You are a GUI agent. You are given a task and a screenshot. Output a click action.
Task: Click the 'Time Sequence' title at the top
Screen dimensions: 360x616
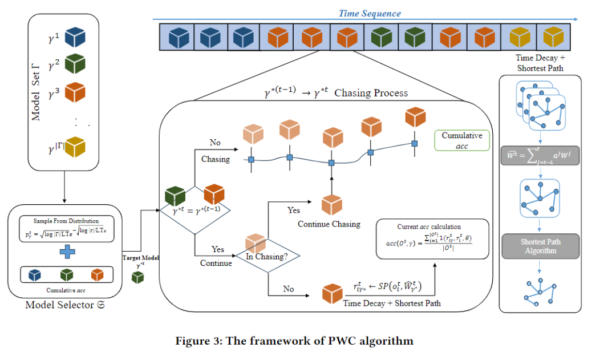(370, 13)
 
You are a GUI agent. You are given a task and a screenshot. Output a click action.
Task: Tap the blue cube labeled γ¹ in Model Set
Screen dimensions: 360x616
(75, 38)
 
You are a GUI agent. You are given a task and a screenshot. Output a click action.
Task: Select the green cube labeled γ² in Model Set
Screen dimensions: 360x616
(75, 63)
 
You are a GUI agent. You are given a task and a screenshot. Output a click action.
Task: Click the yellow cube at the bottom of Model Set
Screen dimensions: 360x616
(75, 147)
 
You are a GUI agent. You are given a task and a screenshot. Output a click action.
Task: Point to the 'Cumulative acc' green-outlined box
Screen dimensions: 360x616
(461, 140)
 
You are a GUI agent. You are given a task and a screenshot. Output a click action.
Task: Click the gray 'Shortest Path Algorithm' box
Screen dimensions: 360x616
(540, 246)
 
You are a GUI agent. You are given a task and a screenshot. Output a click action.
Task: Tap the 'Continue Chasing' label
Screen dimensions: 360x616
(329, 224)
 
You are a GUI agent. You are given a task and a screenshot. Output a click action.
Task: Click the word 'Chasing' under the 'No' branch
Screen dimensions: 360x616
(215, 159)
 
